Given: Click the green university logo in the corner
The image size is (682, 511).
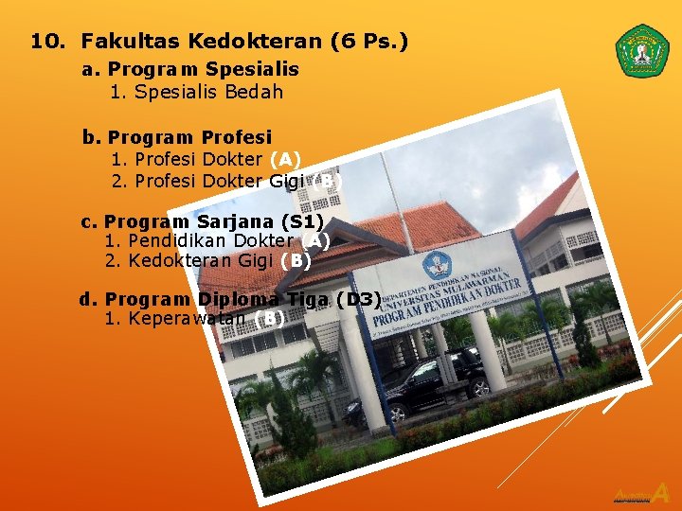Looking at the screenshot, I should (642, 51).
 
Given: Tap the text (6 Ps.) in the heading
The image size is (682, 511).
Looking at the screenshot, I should (369, 42).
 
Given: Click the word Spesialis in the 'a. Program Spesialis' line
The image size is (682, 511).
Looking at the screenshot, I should (252, 69).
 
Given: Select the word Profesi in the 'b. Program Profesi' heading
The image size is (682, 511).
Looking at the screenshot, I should (236, 137).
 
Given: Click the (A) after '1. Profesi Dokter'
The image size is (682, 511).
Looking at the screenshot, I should (285, 160).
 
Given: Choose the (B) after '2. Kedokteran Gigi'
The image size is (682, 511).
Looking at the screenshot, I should (296, 260).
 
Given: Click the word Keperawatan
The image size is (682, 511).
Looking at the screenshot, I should (188, 319).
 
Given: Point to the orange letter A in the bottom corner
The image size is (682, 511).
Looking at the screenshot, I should (661, 493).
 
